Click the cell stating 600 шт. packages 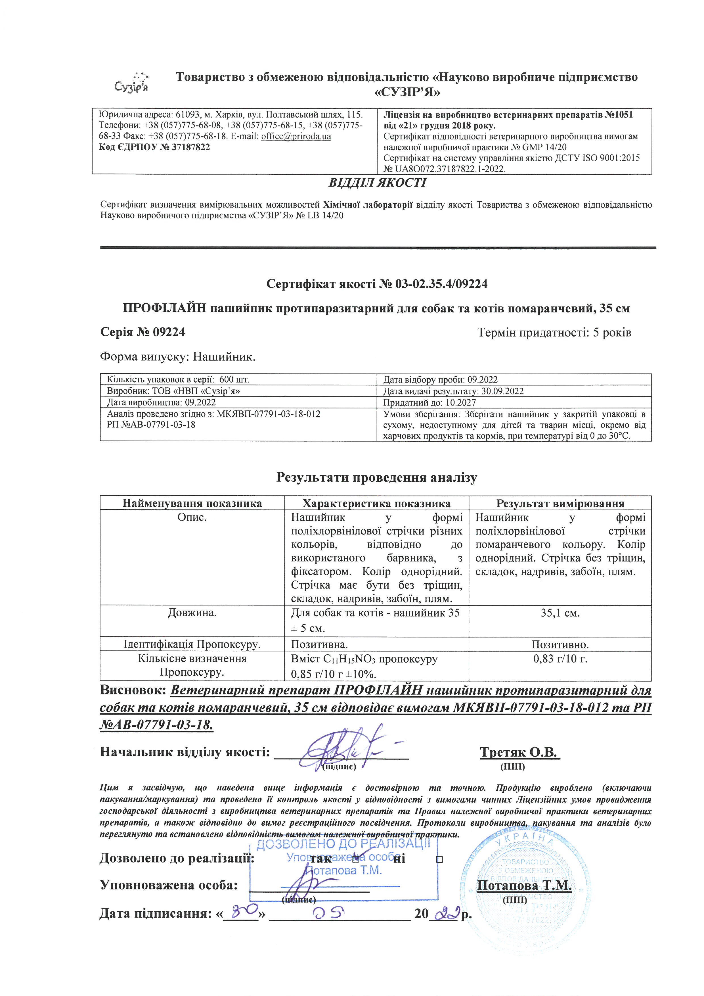point(178,380)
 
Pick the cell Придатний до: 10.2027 point(429,402)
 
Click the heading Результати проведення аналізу point(376,478)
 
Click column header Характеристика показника point(376,503)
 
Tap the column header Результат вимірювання point(560,503)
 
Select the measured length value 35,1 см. point(560,613)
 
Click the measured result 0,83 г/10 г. point(560,659)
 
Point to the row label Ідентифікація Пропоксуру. point(192,644)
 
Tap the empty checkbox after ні point(439,859)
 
